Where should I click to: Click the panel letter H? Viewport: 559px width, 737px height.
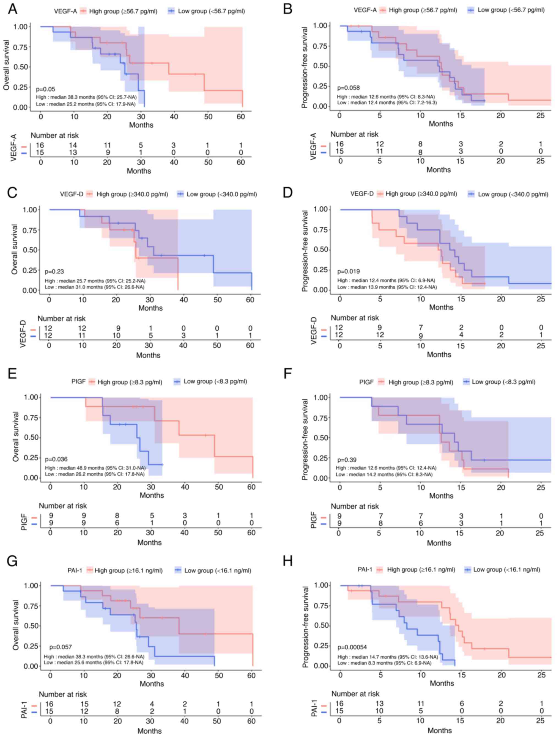(x=287, y=561)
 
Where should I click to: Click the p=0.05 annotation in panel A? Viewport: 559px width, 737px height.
(x=45, y=89)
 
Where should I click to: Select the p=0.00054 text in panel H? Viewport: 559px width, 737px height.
(x=352, y=647)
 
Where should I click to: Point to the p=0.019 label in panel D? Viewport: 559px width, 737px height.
(x=348, y=271)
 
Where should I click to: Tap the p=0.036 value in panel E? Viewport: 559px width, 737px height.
(x=56, y=459)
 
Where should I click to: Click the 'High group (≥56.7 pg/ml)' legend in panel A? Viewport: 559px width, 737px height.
(x=123, y=11)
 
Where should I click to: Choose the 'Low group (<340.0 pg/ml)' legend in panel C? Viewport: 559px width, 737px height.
(x=221, y=194)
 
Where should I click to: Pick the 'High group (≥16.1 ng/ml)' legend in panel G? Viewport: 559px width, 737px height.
(x=128, y=570)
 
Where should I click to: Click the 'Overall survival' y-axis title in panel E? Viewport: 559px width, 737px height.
(x=16, y=437)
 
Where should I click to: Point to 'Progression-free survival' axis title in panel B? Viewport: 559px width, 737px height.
(x=305, y=67)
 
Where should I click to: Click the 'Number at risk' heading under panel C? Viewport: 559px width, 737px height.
(x=61, y=318)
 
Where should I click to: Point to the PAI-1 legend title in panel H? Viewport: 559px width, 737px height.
(x=365, y=569)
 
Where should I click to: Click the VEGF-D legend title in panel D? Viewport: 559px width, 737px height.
(x=362, y=193)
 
